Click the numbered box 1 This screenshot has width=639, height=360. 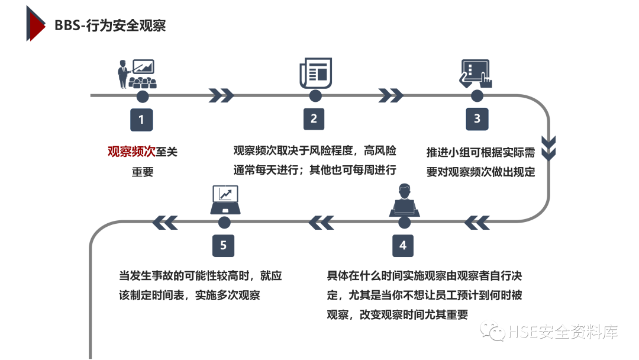point(141,119)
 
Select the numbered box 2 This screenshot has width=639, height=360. point(314,119)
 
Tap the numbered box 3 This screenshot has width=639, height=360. point(477,119)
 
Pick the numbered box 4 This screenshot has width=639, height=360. point(404,245)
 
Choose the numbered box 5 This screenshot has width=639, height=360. point(223,245)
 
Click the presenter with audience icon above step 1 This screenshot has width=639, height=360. point(135,74)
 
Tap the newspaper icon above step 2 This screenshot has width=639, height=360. point(315,73)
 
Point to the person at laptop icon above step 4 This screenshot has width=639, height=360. point(405,201)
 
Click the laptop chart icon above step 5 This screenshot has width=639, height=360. point(225,200)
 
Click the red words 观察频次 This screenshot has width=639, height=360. point(131,152)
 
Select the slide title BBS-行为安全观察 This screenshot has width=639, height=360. point(110,25)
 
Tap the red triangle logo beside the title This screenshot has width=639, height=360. point(35,24)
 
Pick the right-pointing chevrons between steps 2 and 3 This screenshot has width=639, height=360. point(390,95)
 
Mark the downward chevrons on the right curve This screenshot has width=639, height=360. point(549,148)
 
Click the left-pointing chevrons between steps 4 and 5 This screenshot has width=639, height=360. point(321,222)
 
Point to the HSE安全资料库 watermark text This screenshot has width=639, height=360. point(562,332)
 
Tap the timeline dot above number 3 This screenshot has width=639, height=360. point(477,95)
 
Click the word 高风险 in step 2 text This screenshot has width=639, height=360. point(380,150)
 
